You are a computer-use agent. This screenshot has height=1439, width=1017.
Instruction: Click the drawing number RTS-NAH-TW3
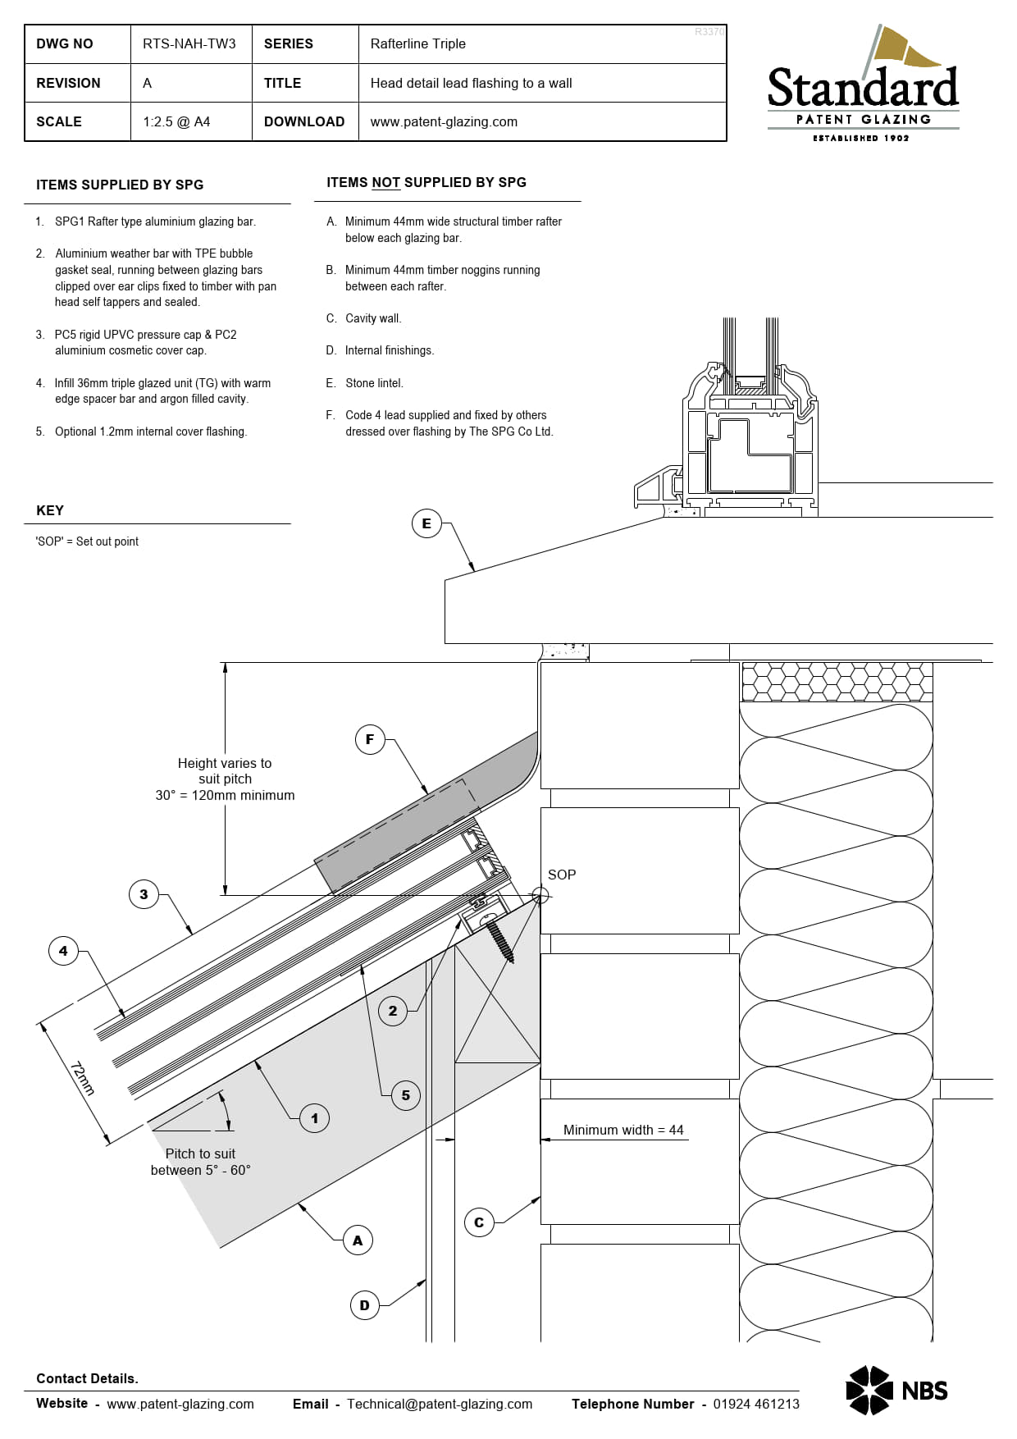189,43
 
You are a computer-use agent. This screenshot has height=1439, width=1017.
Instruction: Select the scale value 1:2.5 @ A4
176,121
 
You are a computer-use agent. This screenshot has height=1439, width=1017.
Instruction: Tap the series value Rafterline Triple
417,43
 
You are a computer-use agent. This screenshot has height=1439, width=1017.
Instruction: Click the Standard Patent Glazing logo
863,83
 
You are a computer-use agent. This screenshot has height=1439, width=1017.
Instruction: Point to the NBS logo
896,1390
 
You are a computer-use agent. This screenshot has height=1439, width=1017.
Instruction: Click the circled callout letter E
426,523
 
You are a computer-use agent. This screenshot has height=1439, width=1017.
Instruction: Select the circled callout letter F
370,739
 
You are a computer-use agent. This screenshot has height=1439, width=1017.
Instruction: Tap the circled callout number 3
144,894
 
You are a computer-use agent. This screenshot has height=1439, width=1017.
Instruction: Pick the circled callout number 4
63,951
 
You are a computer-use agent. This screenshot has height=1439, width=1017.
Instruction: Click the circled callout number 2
393,1011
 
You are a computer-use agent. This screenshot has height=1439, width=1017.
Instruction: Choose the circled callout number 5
405,1095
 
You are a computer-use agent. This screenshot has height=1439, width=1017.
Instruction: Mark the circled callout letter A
358,1240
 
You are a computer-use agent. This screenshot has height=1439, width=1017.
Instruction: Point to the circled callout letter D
364,1305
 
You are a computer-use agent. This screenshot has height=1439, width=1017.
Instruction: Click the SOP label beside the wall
562,875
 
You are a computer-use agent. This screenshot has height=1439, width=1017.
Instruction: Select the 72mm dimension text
82,1078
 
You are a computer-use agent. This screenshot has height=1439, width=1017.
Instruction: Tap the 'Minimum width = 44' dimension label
623,1130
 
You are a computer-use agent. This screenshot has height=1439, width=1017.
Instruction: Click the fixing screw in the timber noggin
499,939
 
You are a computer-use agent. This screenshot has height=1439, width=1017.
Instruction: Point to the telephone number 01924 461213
756,1404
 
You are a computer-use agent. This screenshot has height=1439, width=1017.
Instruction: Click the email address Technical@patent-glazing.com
440,1404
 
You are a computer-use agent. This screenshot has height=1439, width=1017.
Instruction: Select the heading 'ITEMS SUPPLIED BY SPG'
120,185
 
